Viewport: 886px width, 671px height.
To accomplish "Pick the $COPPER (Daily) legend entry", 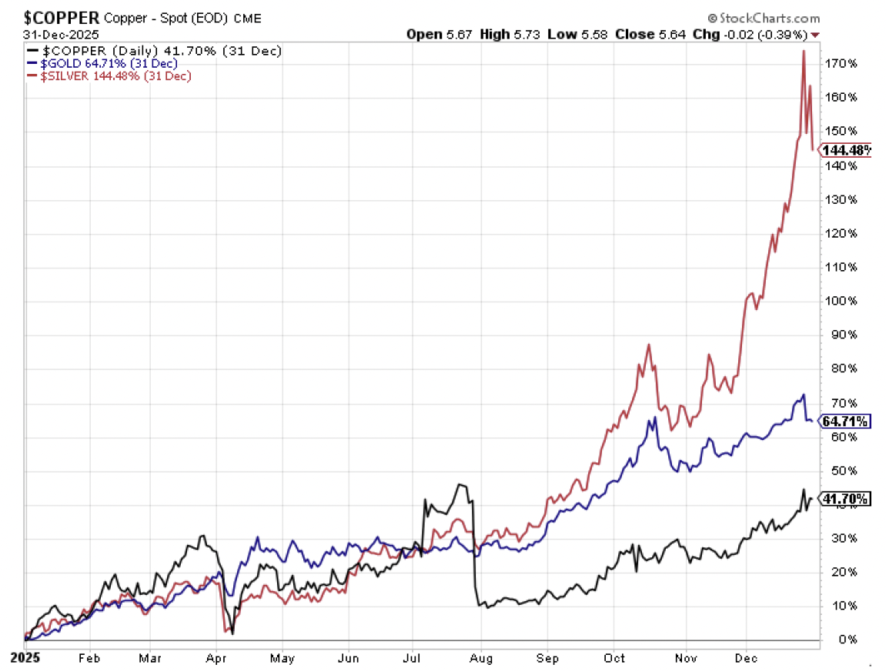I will (154, 51).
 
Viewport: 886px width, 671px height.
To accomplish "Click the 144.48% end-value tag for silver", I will (846, 150).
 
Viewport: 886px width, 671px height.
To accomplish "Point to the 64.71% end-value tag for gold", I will (846, 421).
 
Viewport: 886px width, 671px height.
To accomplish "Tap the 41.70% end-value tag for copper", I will (846, 499).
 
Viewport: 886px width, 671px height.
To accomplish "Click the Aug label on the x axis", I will (480, 659).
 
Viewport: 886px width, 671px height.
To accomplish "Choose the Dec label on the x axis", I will (745, 659).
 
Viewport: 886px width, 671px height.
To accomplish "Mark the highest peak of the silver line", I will (804, 52).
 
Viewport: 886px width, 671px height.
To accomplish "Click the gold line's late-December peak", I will (804, 396).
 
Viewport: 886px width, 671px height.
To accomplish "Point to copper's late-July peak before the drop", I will (460, 484).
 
